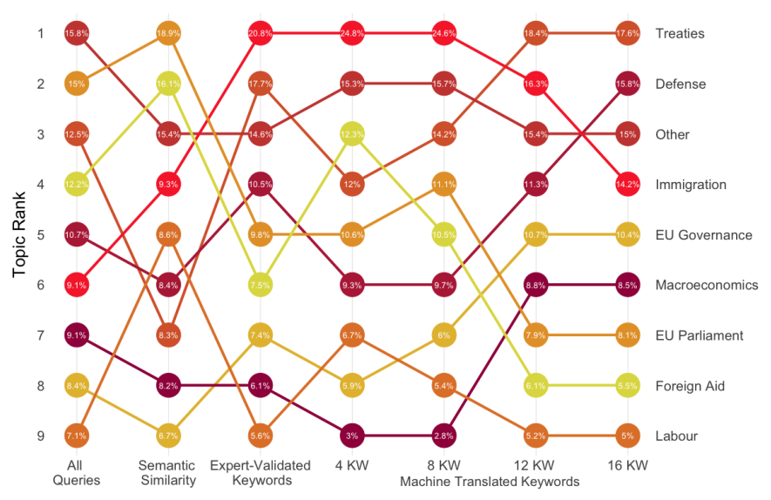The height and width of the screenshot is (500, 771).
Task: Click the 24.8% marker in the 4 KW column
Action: [x=352, y=34]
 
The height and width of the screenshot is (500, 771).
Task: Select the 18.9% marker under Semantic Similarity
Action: [x=168, y=34]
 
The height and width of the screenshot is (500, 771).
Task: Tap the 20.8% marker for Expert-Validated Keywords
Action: [x=260, y=34]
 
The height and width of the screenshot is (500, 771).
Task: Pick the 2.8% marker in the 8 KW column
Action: [x=443, y=436]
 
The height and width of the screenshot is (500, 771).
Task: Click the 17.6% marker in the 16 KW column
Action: [x=627, y=34]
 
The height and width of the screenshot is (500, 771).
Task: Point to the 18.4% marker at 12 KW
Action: [x=536, y=34]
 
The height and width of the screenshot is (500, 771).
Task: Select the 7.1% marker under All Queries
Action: [x=77, y=436]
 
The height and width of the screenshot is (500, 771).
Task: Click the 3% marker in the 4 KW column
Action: [x=352, y=436]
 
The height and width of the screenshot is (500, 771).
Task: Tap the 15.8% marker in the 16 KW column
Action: [x=627, y=84]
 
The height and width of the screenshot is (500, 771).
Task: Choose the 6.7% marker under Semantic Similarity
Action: [x=168, y=436]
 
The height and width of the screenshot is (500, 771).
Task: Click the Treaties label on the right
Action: [x=680, y=34]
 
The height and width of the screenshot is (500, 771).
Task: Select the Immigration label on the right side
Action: [x=691, y=185]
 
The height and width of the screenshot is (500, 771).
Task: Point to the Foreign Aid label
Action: [x=690, y=386]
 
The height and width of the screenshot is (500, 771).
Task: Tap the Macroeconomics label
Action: [x=707, y=285]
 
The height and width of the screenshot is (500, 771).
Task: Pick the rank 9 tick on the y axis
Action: [x=40, y=436]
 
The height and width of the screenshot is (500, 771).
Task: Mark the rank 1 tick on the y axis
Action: [x=40, y=34]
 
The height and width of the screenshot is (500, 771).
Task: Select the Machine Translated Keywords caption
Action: [x=490, y=481]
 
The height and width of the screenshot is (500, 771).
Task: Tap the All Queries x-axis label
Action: [x=77, y=472]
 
